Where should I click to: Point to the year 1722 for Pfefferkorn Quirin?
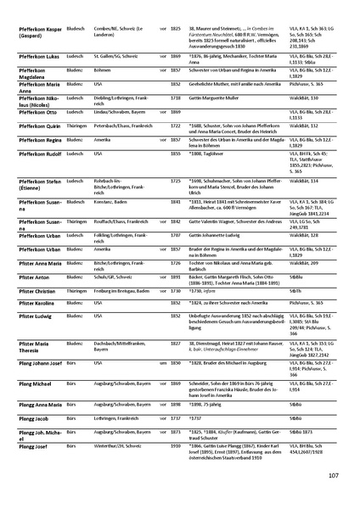point(175,125)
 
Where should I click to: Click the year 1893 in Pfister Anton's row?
point(175,277)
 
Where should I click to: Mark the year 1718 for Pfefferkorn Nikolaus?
point(175,98)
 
